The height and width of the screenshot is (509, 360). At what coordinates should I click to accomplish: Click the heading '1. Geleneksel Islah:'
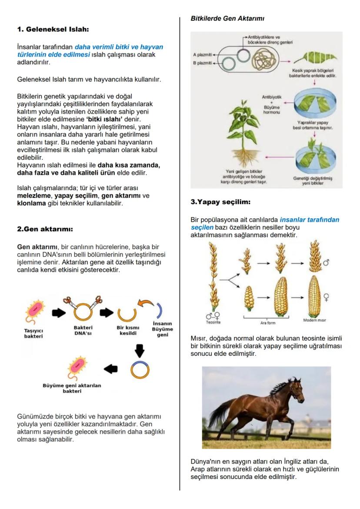coord(53,30)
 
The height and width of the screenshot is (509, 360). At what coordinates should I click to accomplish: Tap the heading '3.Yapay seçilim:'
coord(220,202)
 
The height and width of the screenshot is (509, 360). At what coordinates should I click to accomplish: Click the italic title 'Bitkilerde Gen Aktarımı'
coord(227,19)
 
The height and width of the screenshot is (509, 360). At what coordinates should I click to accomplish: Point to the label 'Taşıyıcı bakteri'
coord(33,333)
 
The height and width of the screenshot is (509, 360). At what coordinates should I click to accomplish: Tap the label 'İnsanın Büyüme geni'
coord(162,329)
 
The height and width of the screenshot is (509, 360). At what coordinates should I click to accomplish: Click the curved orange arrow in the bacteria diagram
coord(145,303)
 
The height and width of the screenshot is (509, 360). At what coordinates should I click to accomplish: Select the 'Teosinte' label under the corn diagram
coord(213,322)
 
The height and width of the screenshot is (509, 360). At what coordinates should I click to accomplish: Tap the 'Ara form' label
coord(268,323)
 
